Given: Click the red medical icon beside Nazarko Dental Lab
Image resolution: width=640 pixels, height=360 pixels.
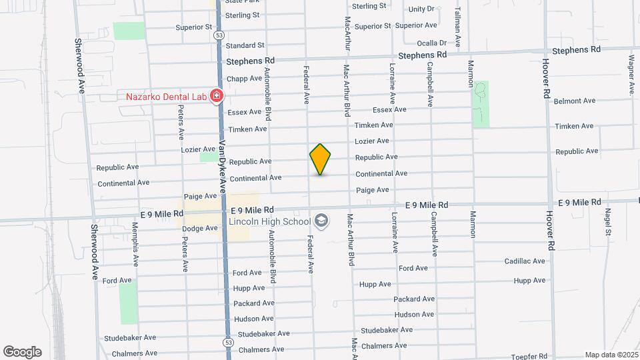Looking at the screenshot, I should (216, 97).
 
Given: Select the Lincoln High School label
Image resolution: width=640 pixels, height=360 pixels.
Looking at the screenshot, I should (269, 221).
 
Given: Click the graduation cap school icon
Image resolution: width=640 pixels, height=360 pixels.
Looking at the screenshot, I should (321, 221).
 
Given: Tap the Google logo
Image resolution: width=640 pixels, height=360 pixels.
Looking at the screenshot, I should (22, 352).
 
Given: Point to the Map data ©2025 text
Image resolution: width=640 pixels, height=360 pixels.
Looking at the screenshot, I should (611, 355).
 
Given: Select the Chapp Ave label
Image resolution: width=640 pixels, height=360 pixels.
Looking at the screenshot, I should (244, 79).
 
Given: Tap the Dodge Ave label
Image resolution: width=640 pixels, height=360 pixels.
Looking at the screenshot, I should (200, 228).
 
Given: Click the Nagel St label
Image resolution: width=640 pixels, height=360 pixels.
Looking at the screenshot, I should (608, 222).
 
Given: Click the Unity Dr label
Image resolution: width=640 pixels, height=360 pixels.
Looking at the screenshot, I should (421, 9).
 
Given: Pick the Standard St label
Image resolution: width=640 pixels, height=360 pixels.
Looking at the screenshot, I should (245, 45).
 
